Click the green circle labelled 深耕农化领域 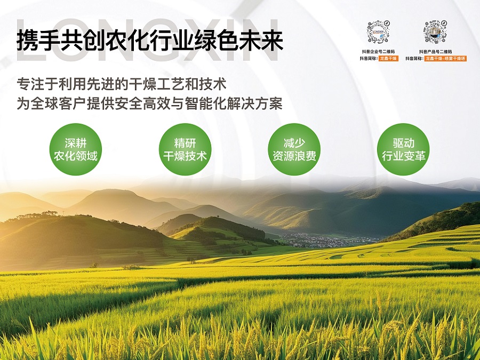[76, 149]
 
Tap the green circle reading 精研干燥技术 [185, 149]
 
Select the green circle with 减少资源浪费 [294, 149]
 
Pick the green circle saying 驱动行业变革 [403, 149]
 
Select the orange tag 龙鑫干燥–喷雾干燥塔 [445, 58]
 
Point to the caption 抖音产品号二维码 [435, 51]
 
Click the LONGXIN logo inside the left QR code [378, 31]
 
